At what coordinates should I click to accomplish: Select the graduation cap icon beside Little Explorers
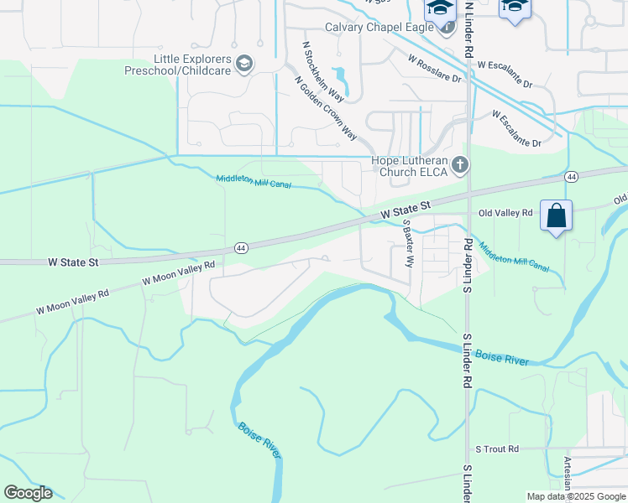[243, 63]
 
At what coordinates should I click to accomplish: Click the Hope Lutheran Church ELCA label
[411, 166]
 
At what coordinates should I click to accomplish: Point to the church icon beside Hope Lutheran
[459, 166]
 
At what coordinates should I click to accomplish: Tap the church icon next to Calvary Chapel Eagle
[446, 26]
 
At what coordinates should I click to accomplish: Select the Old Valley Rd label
[505, 213]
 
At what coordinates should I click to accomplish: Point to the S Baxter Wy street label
[408, 244]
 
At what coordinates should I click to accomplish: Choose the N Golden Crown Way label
[326, 108]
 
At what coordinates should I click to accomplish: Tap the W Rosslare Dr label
[435, 69]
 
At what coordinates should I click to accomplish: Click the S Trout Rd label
[497, 449]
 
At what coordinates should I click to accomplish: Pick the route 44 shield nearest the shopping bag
[571, 177]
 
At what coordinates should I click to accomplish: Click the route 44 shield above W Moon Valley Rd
[241, 248]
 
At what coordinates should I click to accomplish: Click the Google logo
[28, 493]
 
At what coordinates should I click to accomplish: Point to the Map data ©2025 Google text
[575, 496]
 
